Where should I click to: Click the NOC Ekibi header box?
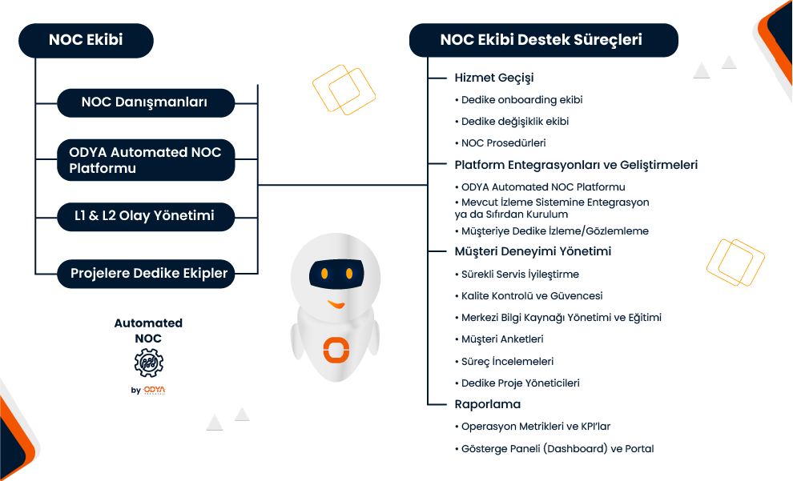[x=86, y=40]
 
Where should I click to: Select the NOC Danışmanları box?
[x=145, y=102]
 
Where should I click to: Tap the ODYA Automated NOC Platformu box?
[x=145, y=160]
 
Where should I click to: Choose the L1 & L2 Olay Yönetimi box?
[x=145, y=215]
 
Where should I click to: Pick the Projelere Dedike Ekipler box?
[x=145, y=273]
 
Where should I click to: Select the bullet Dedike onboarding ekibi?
[x=521, y=100]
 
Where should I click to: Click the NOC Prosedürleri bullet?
[x=503, y=143]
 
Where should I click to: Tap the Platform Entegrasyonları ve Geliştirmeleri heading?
[x=575, y=165]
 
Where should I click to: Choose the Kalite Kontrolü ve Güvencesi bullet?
[x=532, y=296]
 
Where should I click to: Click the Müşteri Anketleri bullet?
[x=502, y=339]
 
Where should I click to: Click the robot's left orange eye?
[x=324, y=274]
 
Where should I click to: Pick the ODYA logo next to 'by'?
[x=155, y=391]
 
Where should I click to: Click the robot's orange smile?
[x=336, y=304]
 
